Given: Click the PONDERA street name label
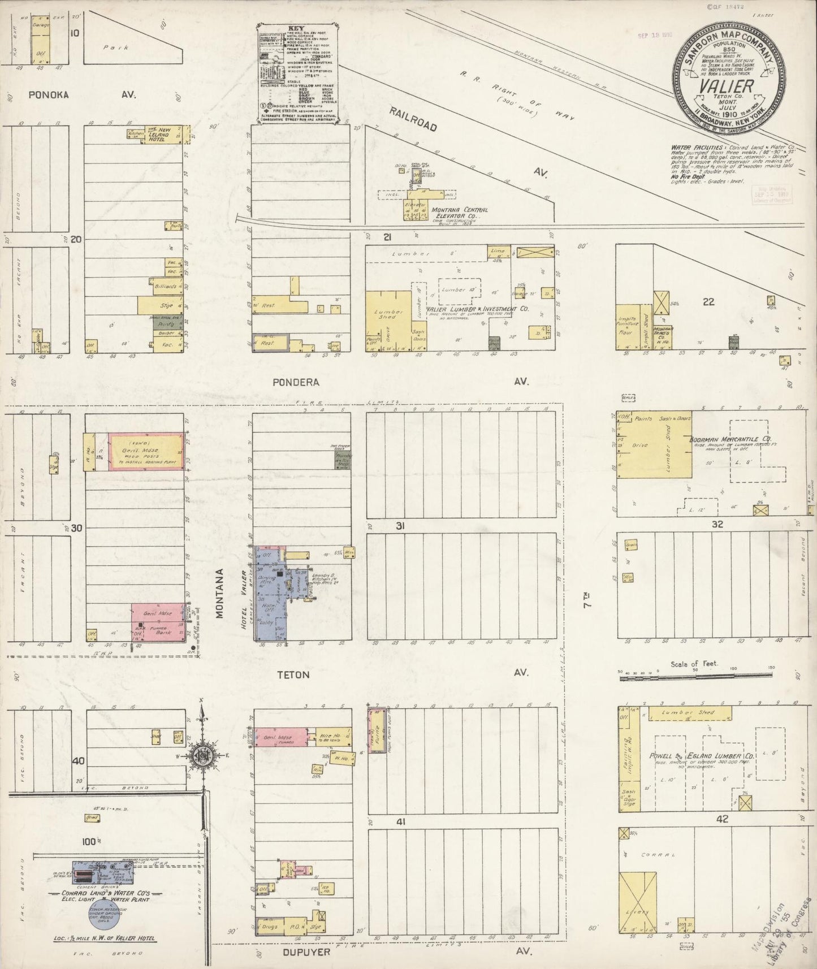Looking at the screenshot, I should (x=295, y=382).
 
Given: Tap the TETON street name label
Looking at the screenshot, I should (x=293, y=674).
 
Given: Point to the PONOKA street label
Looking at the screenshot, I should (x=49, y=95).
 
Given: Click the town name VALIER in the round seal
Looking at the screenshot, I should (x=727, y=86).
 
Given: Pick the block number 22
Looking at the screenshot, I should (x=708, y=302).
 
